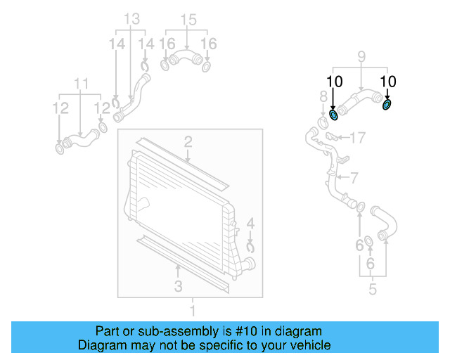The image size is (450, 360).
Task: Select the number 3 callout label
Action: (179, 286)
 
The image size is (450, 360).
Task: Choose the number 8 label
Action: (323, 96)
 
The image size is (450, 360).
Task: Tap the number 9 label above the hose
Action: (361, 56)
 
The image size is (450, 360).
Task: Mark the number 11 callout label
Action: (82, 86)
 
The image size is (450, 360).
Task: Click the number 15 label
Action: (186, 18)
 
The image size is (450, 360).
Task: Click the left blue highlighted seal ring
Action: (334, 115)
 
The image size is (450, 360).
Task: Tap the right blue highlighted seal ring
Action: (387, 105)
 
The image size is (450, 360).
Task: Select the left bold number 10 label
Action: (335, 82)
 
